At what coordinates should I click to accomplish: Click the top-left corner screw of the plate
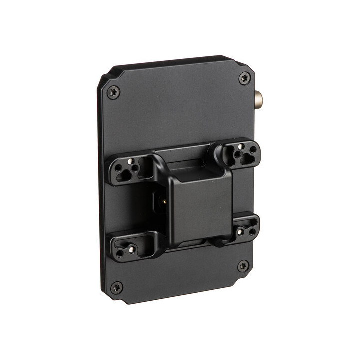tap(113, 92)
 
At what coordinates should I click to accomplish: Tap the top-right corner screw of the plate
tap(245, 78)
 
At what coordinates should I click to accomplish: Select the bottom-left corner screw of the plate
tap(116, 287)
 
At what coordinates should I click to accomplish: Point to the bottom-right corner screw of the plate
tap(243, 266)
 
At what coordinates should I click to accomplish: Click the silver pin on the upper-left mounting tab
tap(130, 162)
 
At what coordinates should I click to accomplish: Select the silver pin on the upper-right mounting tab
tap(241, 146)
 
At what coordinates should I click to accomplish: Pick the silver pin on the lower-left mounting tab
tap(131, 249)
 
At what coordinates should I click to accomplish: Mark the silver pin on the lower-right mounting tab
tap(240, 232)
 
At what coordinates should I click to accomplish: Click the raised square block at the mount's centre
tap(200, 205)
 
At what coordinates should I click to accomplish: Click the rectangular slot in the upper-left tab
tap(146, 168)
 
